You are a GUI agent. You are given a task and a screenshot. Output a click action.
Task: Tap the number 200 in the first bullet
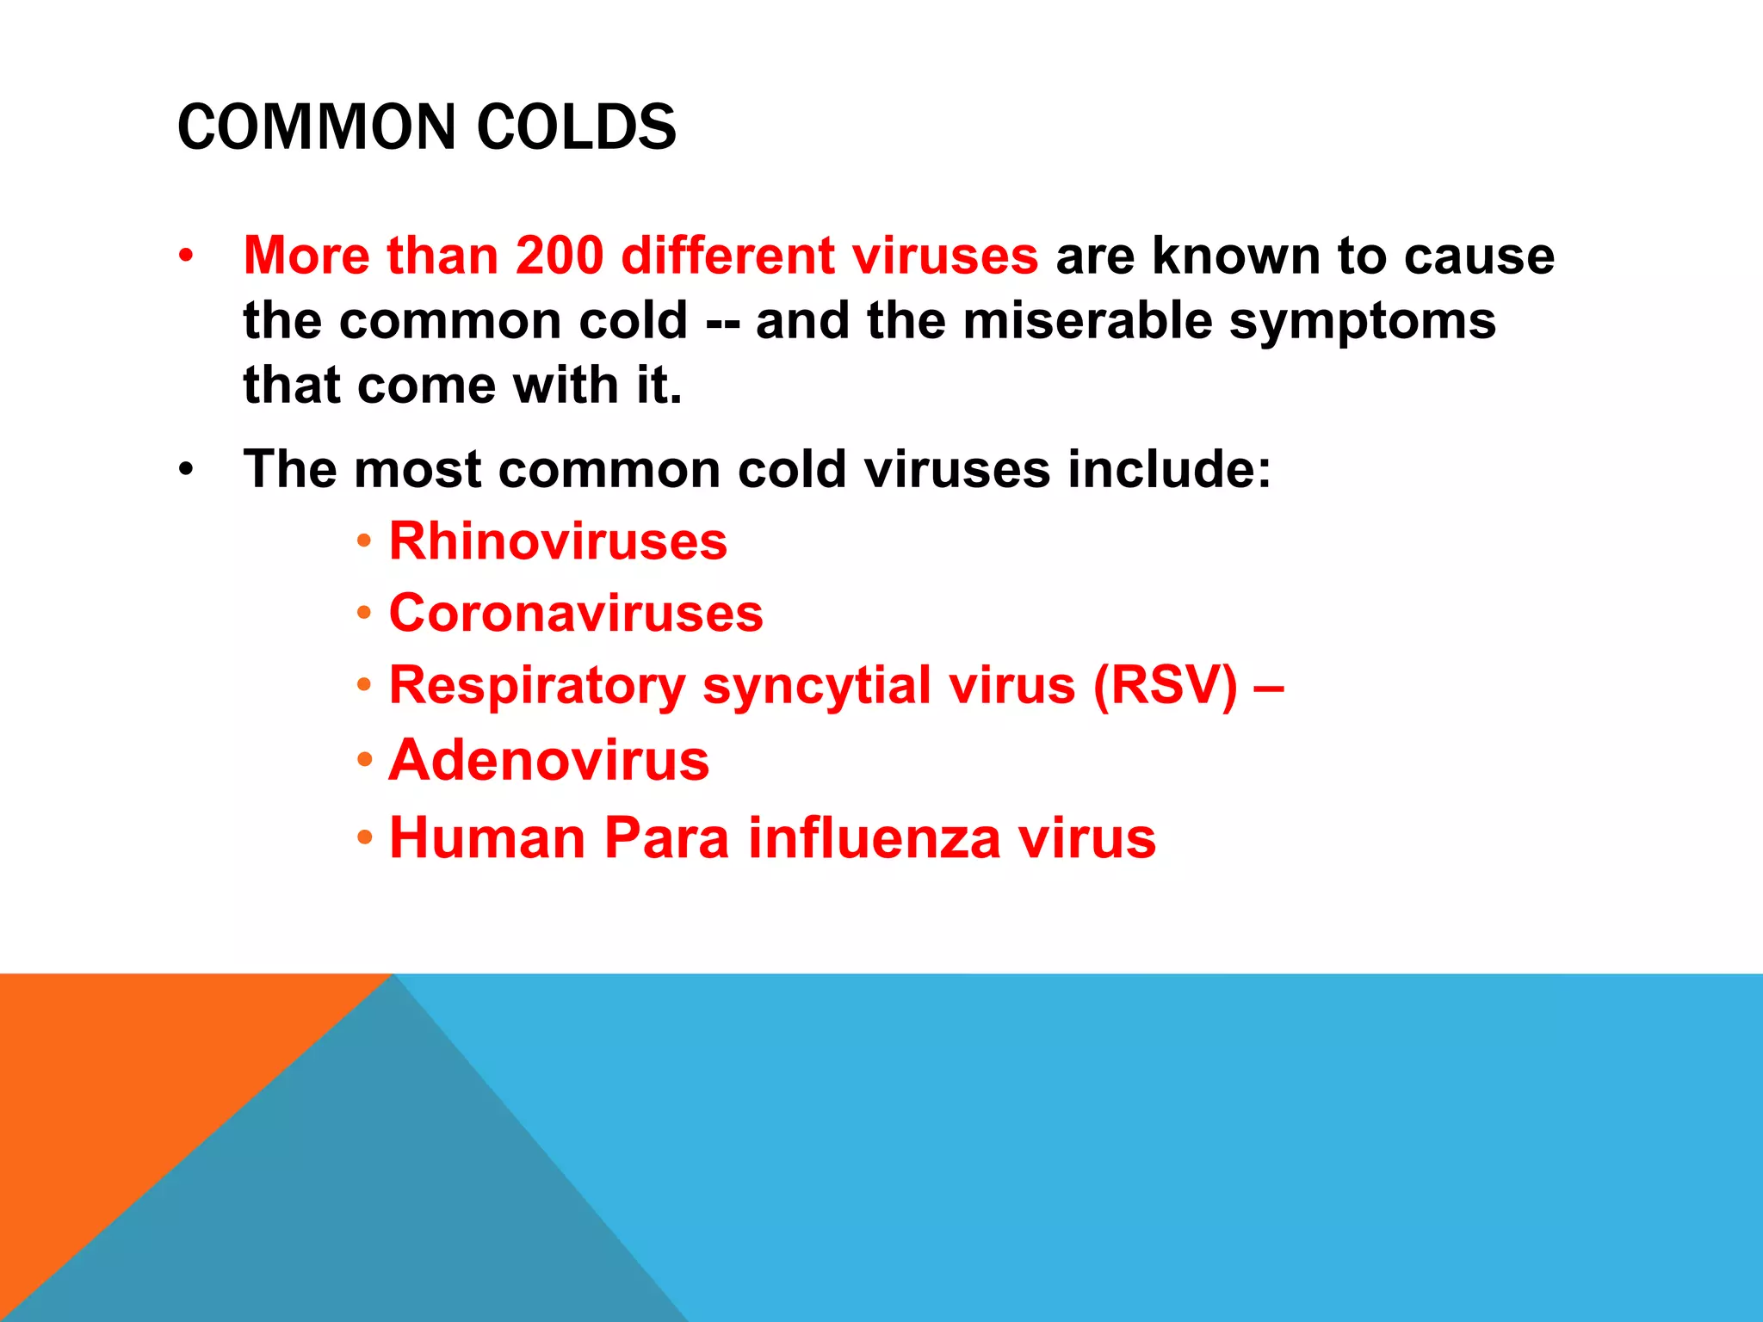(560, 256)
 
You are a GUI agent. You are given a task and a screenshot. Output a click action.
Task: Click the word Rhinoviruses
(558, 541)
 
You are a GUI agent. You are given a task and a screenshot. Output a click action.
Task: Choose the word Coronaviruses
(576, 614)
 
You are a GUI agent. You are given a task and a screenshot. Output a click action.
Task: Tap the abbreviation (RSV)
(1165, 686)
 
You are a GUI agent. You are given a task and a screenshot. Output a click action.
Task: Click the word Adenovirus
(548, 761)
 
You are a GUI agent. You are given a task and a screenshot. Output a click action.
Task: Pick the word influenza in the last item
(874, 837)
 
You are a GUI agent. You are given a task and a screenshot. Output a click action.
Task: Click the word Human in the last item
(487, 837)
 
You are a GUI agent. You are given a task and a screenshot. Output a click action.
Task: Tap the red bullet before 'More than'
(186, 256)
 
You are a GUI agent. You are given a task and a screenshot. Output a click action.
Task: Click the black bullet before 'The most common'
(186, 470)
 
